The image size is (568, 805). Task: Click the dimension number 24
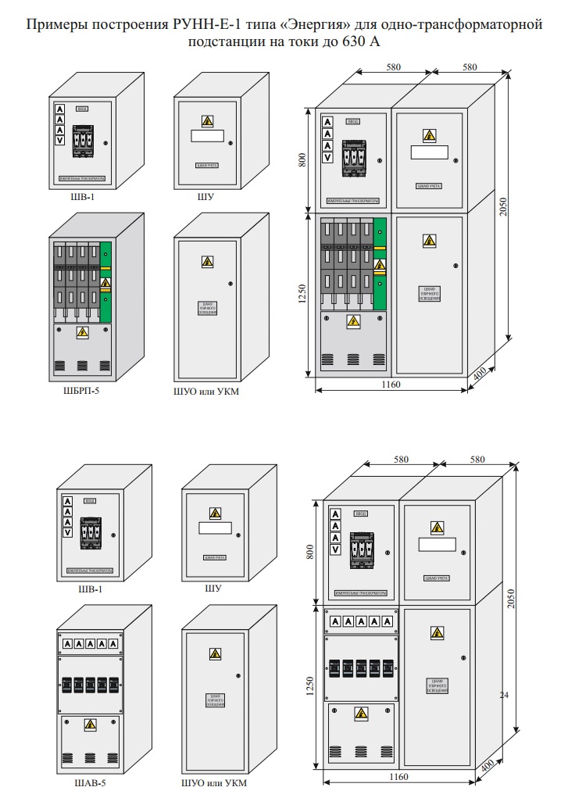(x=504, y=694)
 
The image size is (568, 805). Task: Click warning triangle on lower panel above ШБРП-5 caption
(x=81, y=334)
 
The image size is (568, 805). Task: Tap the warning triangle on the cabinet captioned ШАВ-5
(x=91, y=724)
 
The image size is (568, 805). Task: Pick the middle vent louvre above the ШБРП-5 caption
(x=81, y=365)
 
